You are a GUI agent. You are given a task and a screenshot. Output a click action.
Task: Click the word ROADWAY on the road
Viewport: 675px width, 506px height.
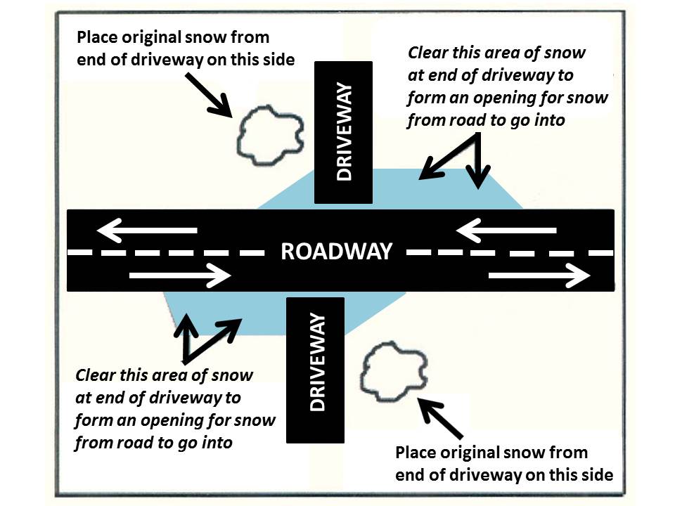(336, 252)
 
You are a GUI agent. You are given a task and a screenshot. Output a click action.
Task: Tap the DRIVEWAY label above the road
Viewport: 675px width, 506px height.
(344, 133)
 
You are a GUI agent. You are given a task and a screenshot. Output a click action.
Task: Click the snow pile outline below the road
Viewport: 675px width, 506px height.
(393, 372)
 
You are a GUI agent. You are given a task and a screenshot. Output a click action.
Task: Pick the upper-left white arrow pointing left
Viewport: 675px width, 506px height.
(148, 231)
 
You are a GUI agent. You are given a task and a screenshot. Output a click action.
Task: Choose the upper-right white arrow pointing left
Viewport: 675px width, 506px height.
(506, 230)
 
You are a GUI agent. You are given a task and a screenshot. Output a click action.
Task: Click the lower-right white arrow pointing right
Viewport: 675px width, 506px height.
(539, 275)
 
